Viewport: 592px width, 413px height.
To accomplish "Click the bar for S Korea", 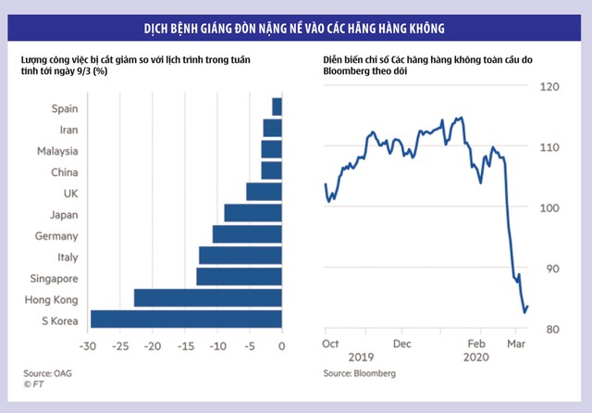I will [x=186, y=319].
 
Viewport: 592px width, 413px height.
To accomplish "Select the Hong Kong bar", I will [x=208, y=298].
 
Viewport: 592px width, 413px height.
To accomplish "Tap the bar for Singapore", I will [x=239, y=277].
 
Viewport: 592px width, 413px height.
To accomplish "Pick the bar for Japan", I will [x=253, y=213].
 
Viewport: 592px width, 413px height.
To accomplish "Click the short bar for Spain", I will [x=277, y=107].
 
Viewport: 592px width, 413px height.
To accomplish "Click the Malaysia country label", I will [x=57, y=151].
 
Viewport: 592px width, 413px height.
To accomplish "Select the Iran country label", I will [x=68, y=130].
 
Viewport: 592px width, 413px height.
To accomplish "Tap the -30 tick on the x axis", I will [x=88, y=346].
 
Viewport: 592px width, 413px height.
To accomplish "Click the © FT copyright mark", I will [x=34, y=383].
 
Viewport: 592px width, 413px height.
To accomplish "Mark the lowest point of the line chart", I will [x=524, y=312].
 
